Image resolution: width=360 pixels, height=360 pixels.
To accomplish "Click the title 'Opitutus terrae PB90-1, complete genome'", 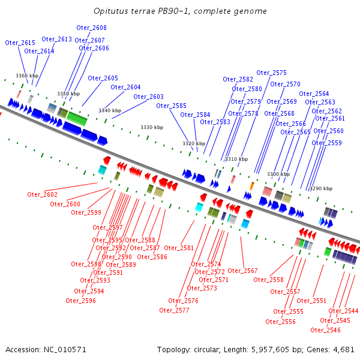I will click(x=180, y=11).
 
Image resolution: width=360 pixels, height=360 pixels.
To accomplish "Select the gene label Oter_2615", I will click(x=20, y=43).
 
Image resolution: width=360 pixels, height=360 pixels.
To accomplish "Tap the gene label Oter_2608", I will click(x=91, y=28).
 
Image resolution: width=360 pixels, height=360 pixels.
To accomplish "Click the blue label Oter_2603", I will click(x=148, y=97).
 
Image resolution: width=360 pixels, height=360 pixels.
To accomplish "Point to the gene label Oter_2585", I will click(x=171, y=106).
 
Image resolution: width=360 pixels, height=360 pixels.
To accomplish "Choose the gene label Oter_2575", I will click(x=271, y=73).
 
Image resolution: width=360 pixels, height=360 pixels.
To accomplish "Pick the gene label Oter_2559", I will click(x=326, y=143).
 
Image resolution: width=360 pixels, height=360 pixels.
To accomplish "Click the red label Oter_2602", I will click(x=43, y=194).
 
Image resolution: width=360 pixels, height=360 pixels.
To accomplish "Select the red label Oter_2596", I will click(x=81, y=301).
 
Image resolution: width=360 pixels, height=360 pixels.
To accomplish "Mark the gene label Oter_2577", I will click(x=174, y=310).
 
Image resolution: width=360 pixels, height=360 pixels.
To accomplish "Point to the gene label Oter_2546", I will click(x=325, y=330).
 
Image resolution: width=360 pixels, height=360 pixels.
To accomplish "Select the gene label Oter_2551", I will click(x=311, y=301).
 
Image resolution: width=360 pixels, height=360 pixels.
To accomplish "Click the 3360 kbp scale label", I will click(x=27, y=76).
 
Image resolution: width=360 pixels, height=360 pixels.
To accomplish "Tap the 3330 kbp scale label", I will click(x=152, y=127).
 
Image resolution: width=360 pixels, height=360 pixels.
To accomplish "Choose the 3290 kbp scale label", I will click(x=320, y=188).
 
